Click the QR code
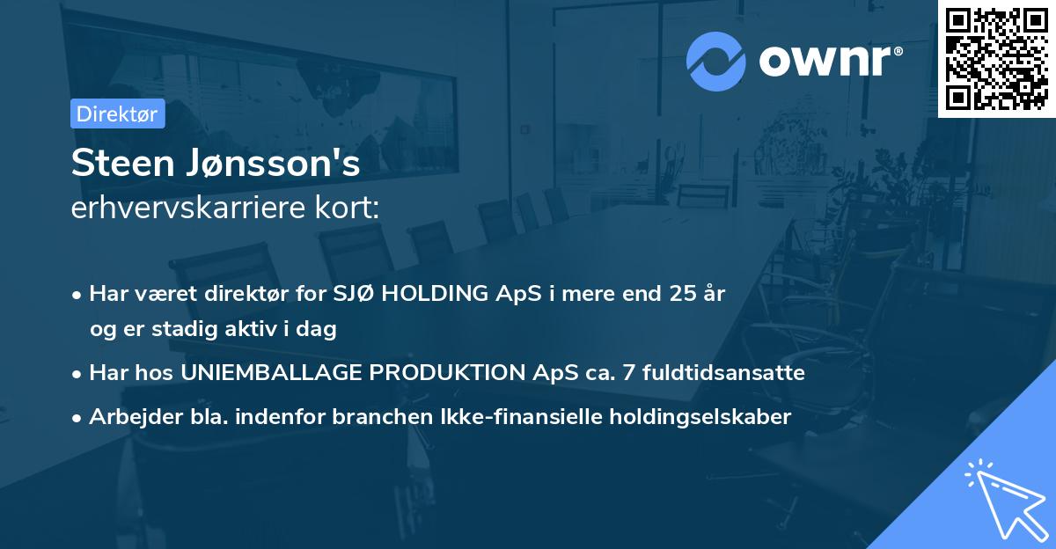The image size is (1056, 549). tap(996, 58)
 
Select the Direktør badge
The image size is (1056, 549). tap(118, 113)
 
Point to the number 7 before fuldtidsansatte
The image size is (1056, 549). tap(628, 373)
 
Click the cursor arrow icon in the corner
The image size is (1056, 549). tap(1003, 498)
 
